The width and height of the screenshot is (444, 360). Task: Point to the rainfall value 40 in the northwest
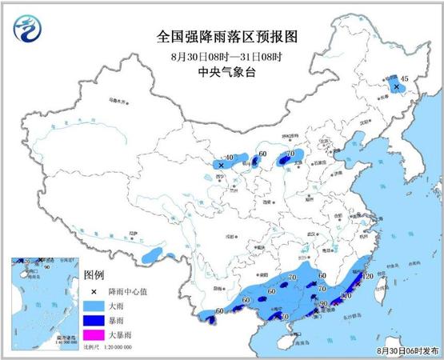(x=230, y=158)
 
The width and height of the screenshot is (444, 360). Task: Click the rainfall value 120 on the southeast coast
(x=369, y=276)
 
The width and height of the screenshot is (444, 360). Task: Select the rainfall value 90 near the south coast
(x=325, y=304)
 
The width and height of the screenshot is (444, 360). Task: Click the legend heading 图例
(x=96, y=273)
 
